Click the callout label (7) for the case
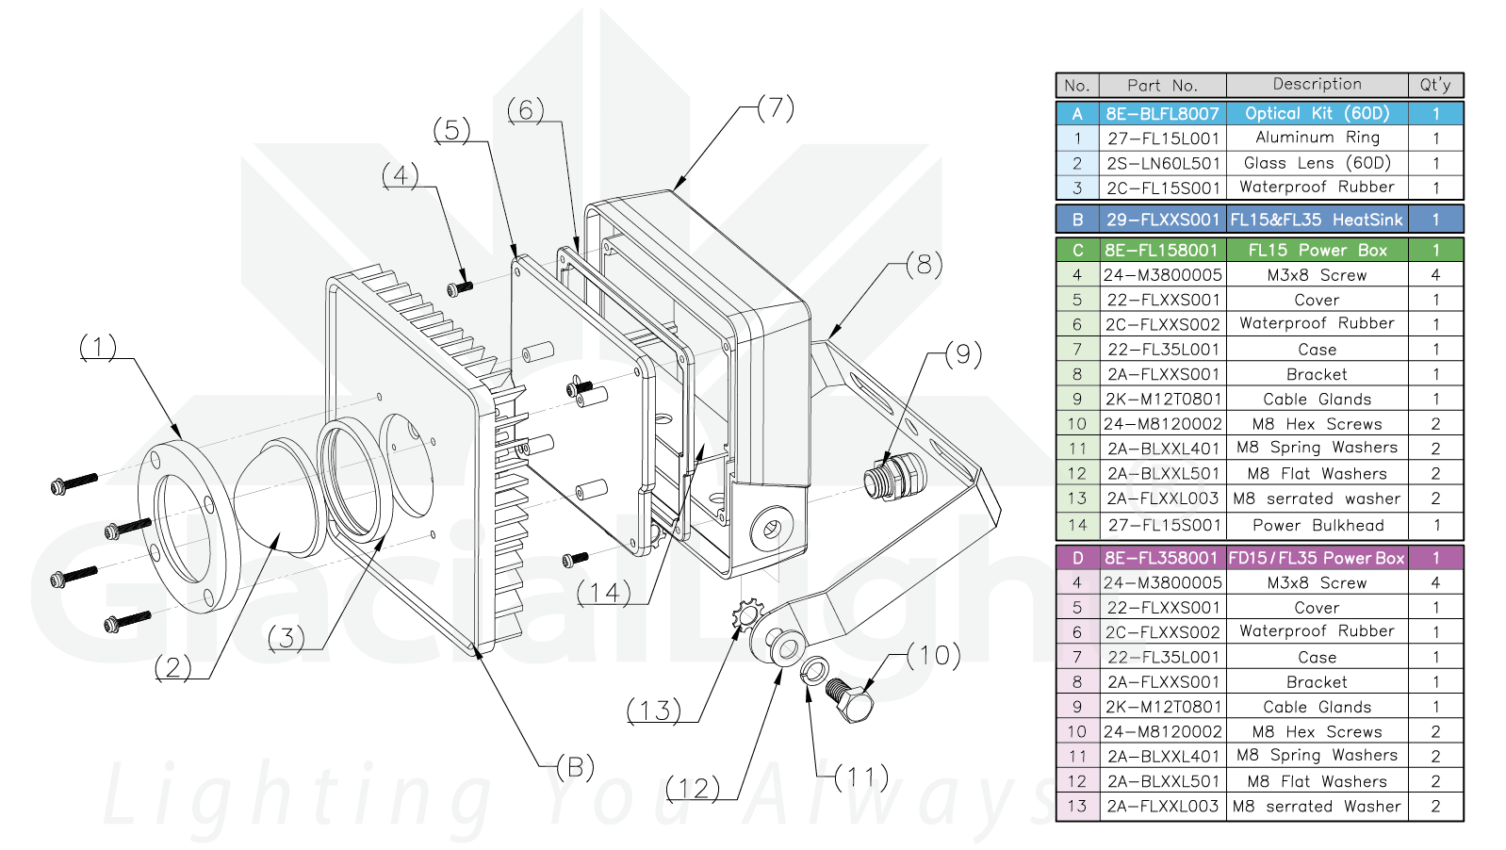tap(776, 107)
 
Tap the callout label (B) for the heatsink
tap(575, 767)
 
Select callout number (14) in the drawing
tap(603, 593)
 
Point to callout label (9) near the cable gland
tap(962, 354)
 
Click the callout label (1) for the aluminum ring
tap(98, 348)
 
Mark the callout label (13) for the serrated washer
tap(653, 711)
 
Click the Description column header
tap(1317, 85)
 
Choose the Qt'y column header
tap(1435, 85)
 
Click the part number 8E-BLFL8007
tap(1163, 114)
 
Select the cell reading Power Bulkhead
tap(1318, 526)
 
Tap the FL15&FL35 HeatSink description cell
tap(1317, 220)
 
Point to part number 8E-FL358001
tap(1162, 558)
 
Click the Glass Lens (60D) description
tap(1317, 163)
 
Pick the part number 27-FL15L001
tap(1163, 139)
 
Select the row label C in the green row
tap(1077, 251)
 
